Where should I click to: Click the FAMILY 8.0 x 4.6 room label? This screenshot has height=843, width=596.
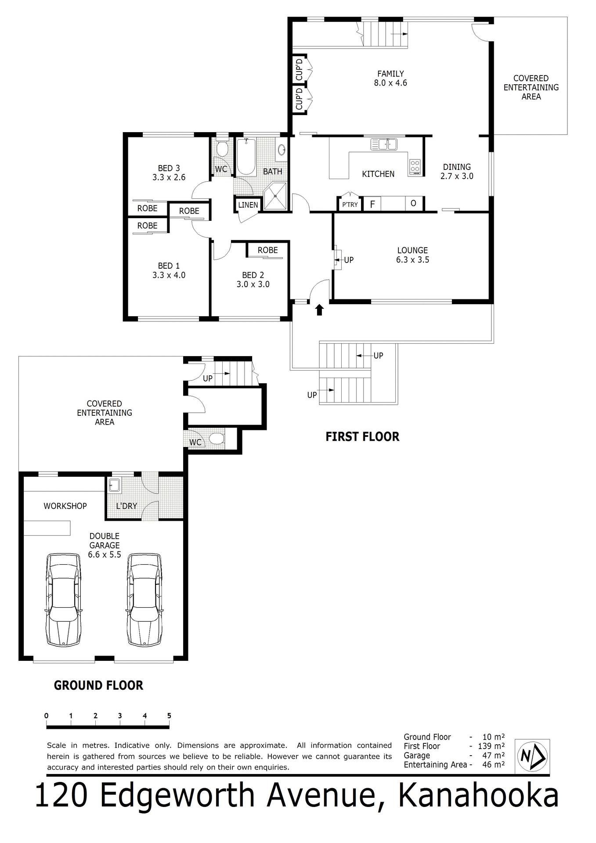pos(390,78)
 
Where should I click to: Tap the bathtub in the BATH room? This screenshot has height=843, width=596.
pos(246,157)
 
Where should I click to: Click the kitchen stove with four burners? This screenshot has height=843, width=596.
pos(415,166)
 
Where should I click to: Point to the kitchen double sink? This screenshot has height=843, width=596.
pos(384,144)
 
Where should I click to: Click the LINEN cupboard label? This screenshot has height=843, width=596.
pos(248,205)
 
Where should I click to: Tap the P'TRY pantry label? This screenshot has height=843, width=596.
pos(350,205)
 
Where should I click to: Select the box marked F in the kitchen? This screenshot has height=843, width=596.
pos(372,204)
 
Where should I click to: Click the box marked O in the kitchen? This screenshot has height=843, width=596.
pos(413,204)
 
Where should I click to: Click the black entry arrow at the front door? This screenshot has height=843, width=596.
pos(319,310)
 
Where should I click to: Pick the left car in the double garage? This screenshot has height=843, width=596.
pos(64,600)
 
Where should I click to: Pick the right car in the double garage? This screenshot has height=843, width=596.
pos(144,600)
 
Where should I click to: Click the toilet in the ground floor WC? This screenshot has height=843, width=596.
pos(217,439)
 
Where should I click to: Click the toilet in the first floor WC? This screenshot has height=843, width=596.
pos(222,149)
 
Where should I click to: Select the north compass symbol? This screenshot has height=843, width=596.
pos(532,756)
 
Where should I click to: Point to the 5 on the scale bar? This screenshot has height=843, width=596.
pos(169,716)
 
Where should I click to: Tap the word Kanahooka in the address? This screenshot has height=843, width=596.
pos(478,796)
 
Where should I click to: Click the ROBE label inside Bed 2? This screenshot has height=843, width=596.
pos(267,250)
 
